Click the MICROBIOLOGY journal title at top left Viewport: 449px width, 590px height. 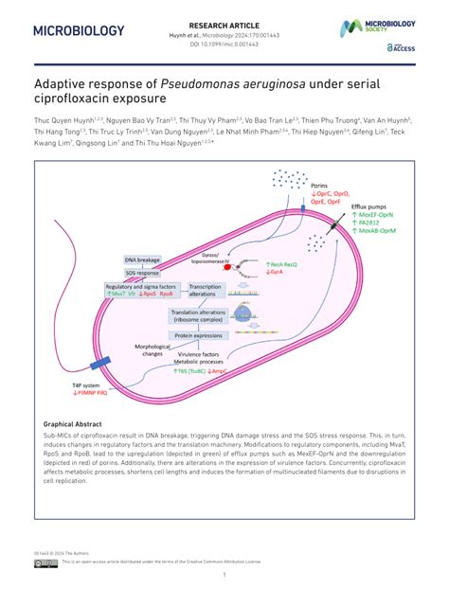79,30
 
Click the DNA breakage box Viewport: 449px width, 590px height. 142,258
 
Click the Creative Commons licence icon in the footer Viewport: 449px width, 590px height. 45,562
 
